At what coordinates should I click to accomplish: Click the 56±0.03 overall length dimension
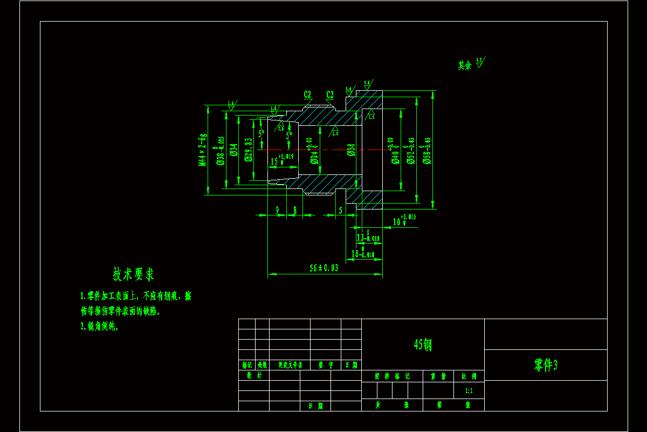point(324,268)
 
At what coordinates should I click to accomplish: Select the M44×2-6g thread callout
point(203,150)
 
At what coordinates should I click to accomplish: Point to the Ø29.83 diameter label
point(249,150)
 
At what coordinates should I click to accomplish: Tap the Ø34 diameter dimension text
point(233,150)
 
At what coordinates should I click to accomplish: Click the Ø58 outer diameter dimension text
point(428,150)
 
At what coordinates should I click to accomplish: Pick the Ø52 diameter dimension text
point(411,150)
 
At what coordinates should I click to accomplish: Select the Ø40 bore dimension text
point(395,150)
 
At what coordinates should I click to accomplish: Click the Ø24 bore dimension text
point(314,150)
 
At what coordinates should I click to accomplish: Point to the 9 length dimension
point(277,210)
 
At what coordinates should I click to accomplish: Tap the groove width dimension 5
point(340,210)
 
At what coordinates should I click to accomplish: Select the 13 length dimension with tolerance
point(368,238)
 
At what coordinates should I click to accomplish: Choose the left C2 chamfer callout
point(307,94)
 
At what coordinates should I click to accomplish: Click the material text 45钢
point(423,345)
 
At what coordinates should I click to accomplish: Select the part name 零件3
point(546,365)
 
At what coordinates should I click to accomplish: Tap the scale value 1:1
point(469,390)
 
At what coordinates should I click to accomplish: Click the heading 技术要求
point(133,274)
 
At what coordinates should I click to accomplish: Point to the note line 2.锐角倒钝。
point(100,326)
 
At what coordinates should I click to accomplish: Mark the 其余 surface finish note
point(465,65)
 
